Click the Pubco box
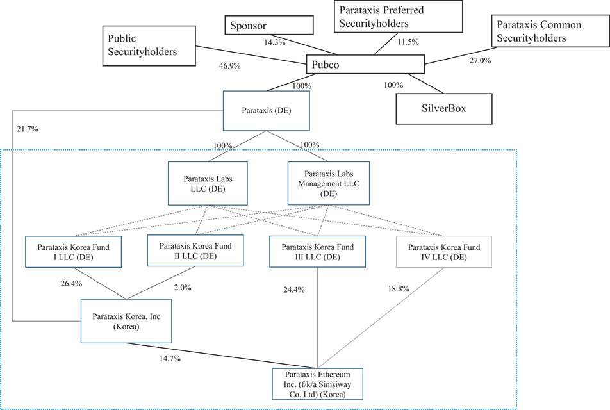coord(365,64)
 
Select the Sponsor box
coord(269,25)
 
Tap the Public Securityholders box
coord(149,46)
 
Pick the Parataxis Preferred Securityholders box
coord(399,17)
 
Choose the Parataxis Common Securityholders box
coord(550,31)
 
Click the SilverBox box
coord(444,108)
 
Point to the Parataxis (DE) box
coord(267,111)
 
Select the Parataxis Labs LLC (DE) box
coord(208,184)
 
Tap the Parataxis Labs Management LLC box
coord(329,184)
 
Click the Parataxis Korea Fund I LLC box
coord(74,252)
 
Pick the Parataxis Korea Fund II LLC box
coord(195,250)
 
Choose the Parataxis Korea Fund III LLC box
coord(317,251)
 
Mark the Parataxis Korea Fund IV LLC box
coord(444,252)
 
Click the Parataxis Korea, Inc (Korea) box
coord(126,321)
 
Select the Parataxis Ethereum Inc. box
coord(317,384)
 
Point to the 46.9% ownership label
coord(229,66)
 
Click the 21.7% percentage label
coord(27,129)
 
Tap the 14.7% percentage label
coord(170,359)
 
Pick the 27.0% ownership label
coord(480,61)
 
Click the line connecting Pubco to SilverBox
coord(426,84)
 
